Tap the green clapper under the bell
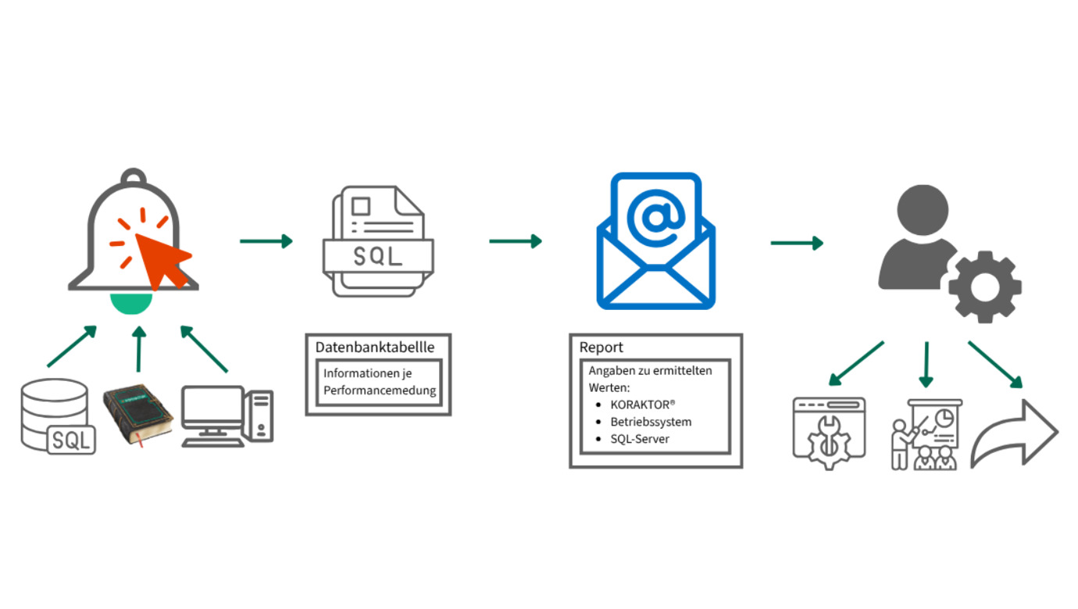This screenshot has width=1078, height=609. coord(131,304)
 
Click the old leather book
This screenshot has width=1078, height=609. coord(137,415)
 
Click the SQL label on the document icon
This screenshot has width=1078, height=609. coord(378,256)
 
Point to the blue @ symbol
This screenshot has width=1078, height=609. coord(655,218)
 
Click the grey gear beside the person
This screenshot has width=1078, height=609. coord(984,287)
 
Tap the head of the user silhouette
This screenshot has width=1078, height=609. coord(923,210)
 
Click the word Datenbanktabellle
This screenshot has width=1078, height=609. coord(375,347)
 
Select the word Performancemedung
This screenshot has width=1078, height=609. coord(380,390)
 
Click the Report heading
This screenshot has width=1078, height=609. coord(601,347)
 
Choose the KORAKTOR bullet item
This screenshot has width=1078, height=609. coord(642,404)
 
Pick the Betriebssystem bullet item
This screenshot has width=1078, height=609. coord(651,422)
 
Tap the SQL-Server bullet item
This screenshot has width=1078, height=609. coord(640,439)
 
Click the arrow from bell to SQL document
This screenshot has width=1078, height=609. coord(266,241)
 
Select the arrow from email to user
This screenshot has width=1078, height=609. coord(797,243)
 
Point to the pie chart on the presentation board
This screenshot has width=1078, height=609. coord(944,418)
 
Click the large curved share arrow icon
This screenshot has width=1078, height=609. coord(1015,434)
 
